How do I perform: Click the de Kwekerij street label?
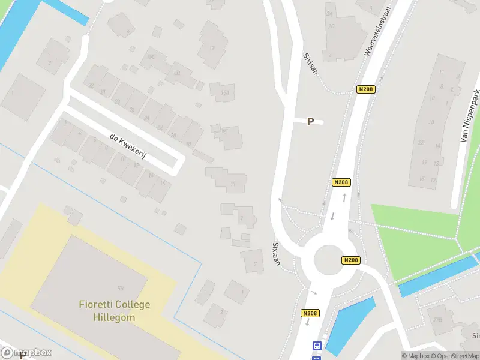pyautogui.click(x=128, y=146)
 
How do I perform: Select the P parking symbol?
pyautogui.click(x=310, y=122)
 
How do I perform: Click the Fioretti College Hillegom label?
pyautogui.click(x=115, y=311)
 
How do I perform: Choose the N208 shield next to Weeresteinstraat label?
pyautogui.click(x=365, y=89)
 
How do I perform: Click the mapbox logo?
pyautogui.click(x=26, y=352)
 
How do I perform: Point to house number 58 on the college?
pyautogui.click(x=121, y=289)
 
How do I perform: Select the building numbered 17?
pyautogui.click(x=212, y=48)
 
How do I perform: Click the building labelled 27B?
pyautogui.click(x=437, y=319)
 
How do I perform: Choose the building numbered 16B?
pyautogui.click(x=225, y=92)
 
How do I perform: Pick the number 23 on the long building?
pyautogui.click(x=431, y=122)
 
